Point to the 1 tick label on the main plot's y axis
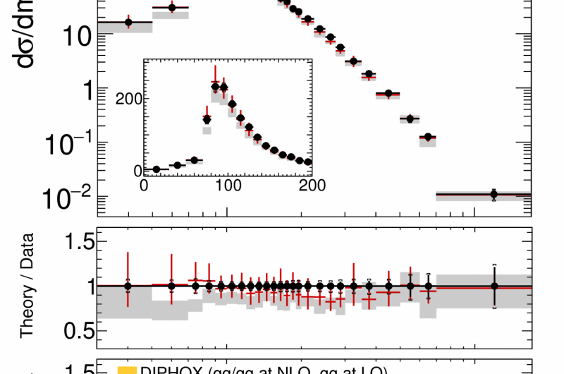click(83, 90)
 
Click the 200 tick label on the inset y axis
click(127, 97)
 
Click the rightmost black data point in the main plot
click(494, 194)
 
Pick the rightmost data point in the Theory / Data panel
click(494, 286)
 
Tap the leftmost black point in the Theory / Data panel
click(128, 286)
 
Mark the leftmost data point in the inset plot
click(157, 169)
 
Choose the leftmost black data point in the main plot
click(128, 23)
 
